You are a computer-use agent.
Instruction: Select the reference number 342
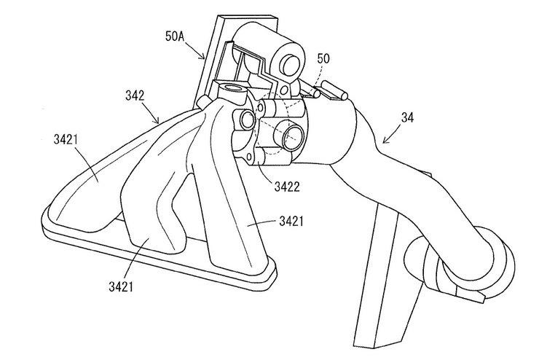tap(134, 95)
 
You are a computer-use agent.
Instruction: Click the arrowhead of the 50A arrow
tap(207, 59)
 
